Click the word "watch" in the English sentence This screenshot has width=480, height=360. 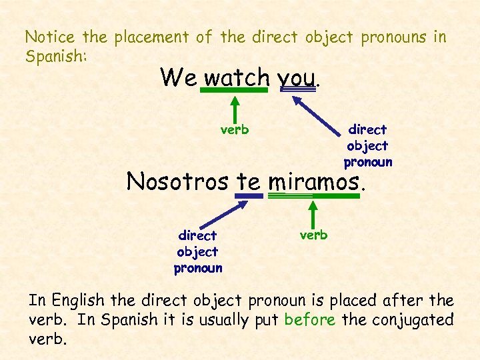click(236, 77)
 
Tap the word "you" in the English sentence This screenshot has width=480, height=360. click(297, 78)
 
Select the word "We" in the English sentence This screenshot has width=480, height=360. click(178, 77)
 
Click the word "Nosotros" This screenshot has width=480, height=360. click(179, 181)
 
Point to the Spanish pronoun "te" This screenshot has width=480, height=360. click(249, 181)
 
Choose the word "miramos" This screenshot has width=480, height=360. click(313, 181)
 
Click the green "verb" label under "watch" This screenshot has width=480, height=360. click(235, 129)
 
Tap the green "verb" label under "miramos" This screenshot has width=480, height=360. click(313, 235)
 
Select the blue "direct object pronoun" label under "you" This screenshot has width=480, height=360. click(368, 145)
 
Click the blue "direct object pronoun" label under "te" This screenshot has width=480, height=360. click(198, 252)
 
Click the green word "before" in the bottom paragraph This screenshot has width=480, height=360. click(309, 319)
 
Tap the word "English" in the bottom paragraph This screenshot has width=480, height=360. click(79, 301)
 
